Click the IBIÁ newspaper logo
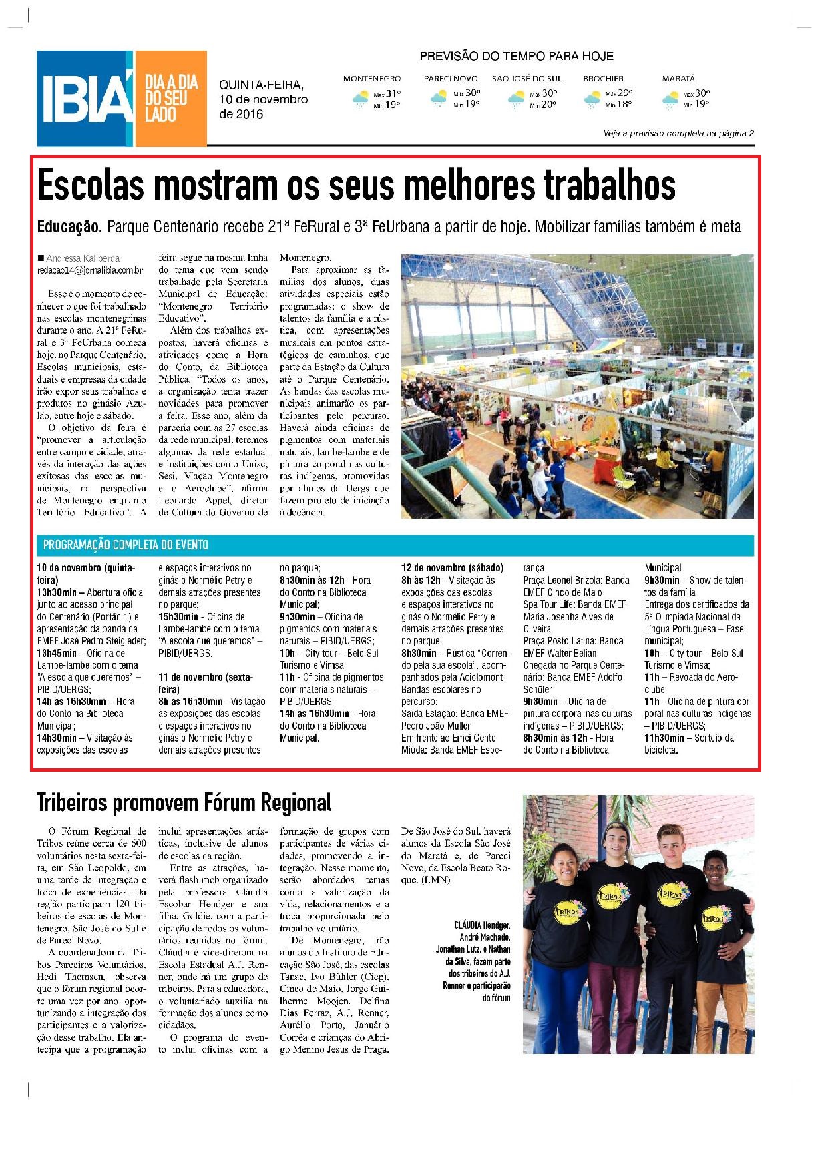(85, 99)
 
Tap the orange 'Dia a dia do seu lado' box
(171, 99)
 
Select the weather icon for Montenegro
(360, 100)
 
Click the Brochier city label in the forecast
(603, 79)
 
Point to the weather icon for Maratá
(670, 100)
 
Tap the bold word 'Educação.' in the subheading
(69, 227)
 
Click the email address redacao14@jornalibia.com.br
(89, 270)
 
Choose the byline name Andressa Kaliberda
(82, 258)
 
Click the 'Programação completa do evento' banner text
(126, 545)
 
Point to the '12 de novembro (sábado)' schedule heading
(452, 568)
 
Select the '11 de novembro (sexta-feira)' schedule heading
(205, 683)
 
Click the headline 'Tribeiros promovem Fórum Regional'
(184, 802)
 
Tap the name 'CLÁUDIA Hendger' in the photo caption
(482, 925)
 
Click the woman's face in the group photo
(563, 869)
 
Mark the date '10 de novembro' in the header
(263, 99)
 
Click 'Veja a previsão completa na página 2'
(678, 134)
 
